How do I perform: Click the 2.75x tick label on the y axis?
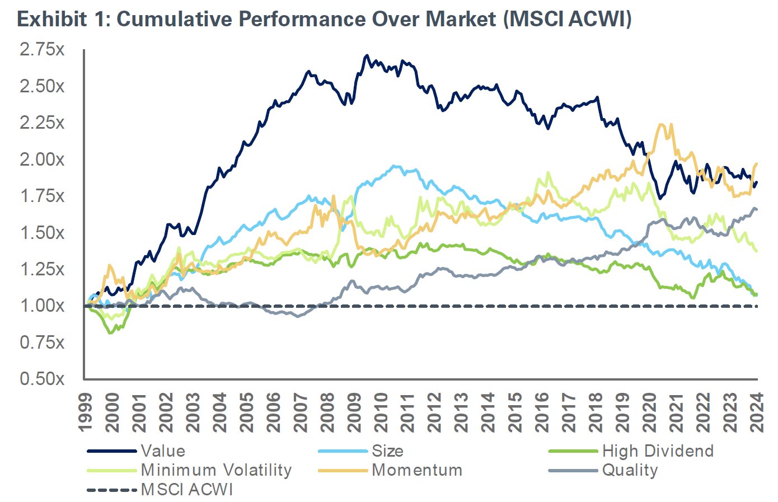tap(42, 50)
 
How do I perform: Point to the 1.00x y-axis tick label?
tap(42, 306)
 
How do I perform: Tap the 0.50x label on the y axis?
tap(42, 379)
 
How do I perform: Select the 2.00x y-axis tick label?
tap(42, 159)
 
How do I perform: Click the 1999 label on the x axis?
tap(86, 412)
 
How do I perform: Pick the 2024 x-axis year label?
tap(757, 412)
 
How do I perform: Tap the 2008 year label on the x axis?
tap(327, 412)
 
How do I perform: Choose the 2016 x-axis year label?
tap(542, 412)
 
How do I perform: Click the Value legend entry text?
tap(163, 451)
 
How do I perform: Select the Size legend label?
tap(387, 451)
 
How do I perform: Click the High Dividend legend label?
tap(658, 451)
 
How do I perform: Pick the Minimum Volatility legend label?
tap(216, 470)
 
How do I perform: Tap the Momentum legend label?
tap(417, 470)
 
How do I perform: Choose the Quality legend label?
tap(630, 470)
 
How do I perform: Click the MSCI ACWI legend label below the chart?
tap(187, 490)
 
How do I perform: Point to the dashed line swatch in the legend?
tap(112, 490)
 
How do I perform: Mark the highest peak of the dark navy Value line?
tap(367, 55)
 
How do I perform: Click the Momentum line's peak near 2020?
tap(664, 124)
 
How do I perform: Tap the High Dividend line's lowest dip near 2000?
tap(111, 333)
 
